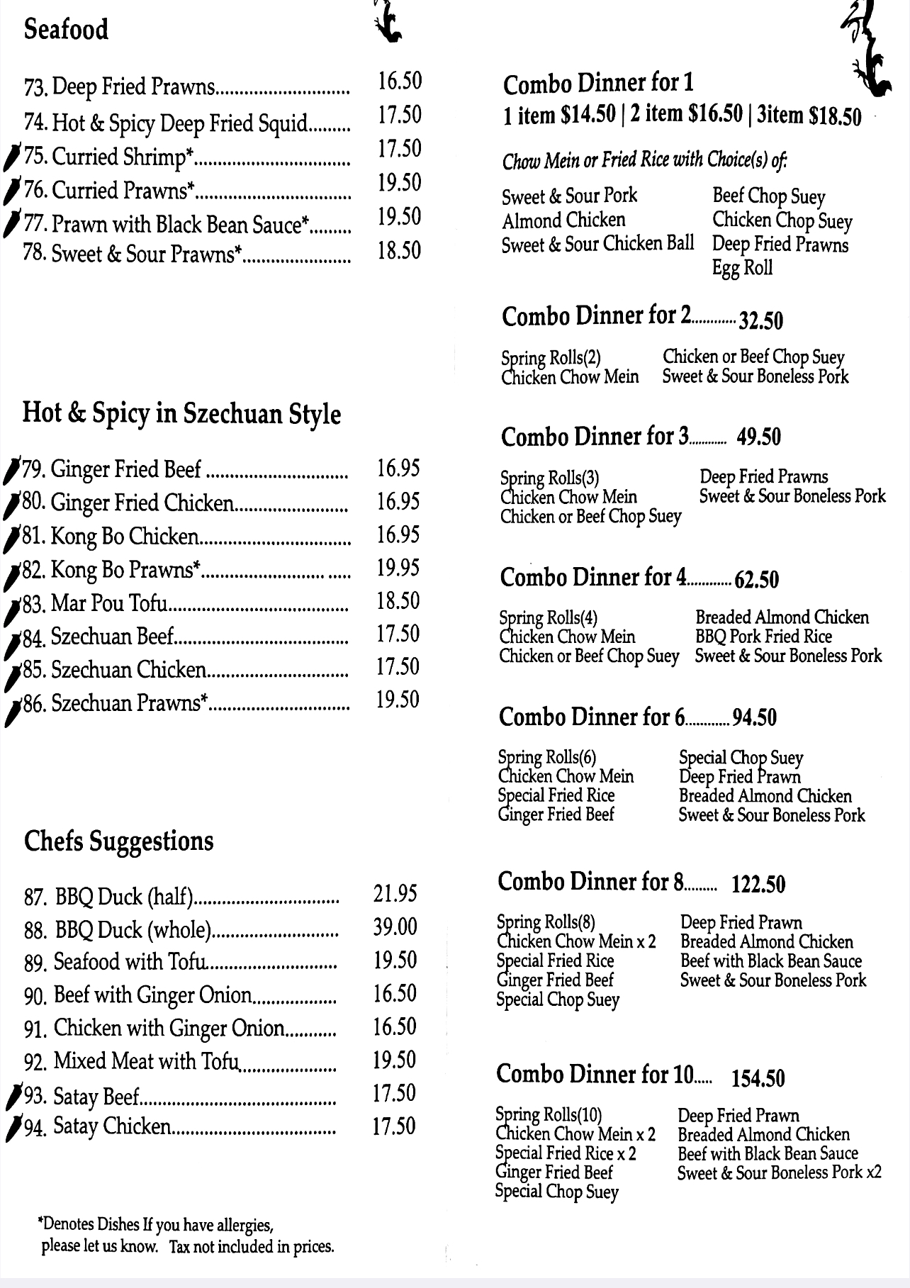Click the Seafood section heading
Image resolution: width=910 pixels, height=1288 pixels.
tap(66, 30)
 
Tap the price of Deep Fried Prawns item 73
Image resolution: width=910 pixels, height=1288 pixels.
tap(399, 81)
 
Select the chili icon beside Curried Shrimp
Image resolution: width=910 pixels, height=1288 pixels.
tap(12, 157)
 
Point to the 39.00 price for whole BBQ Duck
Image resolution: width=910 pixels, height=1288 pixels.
tap(395, 926)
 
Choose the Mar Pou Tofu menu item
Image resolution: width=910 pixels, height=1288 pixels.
tap(109, 603)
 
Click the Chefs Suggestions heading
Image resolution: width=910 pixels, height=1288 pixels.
tap(118, 841)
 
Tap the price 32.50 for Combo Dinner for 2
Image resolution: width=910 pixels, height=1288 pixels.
tap(760, 320)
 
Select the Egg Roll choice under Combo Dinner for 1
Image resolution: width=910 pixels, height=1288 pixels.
tap(742, 268)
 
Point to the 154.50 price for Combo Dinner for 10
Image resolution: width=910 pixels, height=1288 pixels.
tap(758, 1078)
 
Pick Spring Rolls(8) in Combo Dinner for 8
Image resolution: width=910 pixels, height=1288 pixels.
tap(546, 922)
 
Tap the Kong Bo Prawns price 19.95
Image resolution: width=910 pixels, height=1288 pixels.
tap(398, 568)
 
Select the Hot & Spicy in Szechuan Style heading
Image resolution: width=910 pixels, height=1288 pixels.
tap(181, 413)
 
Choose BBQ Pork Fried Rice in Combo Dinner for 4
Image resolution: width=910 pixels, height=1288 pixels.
tap(763, 637)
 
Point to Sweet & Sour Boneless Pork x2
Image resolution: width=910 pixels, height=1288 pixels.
tap(779, 1172)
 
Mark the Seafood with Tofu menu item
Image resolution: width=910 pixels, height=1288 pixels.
tap(129, 962)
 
